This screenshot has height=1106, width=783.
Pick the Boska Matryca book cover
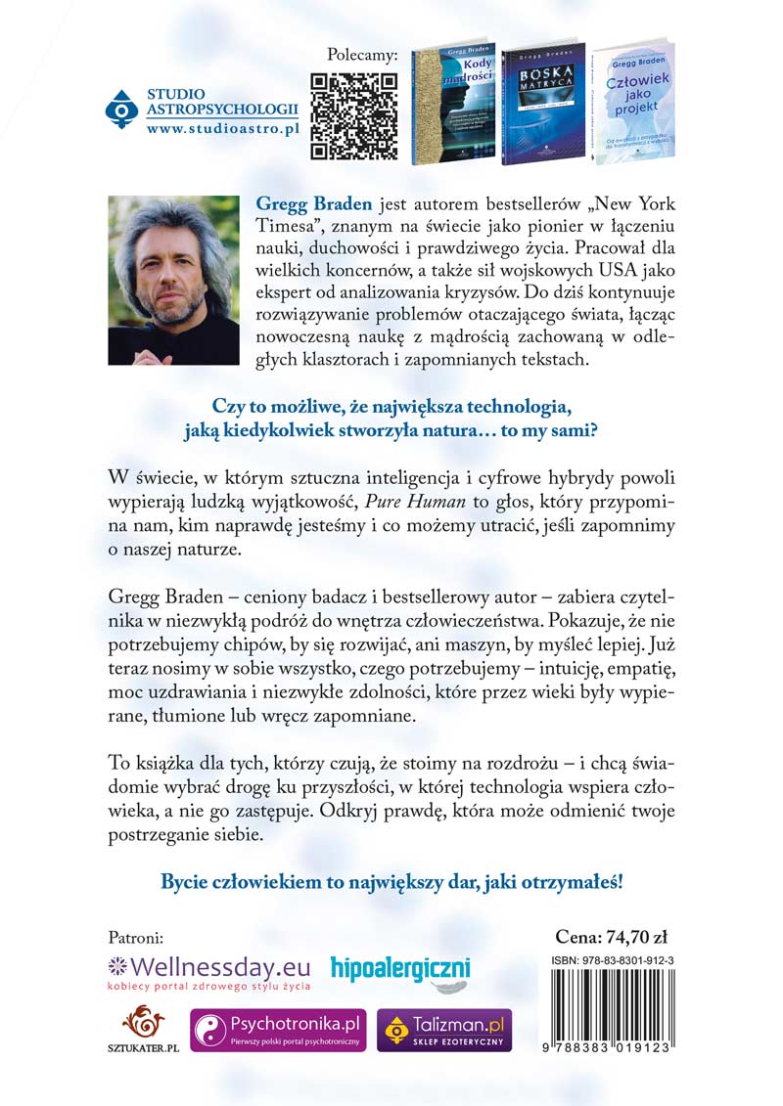pos(541,104)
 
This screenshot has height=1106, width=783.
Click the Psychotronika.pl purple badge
pos(278,1031)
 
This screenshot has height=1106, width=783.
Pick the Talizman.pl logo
pos(443,1031)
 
